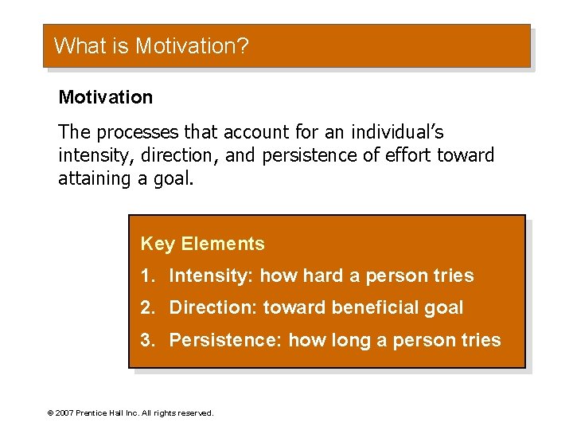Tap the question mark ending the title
243,45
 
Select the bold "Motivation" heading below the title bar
105,97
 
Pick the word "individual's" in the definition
392,132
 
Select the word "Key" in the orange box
158,244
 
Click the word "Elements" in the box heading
223,244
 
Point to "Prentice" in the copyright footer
93,413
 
